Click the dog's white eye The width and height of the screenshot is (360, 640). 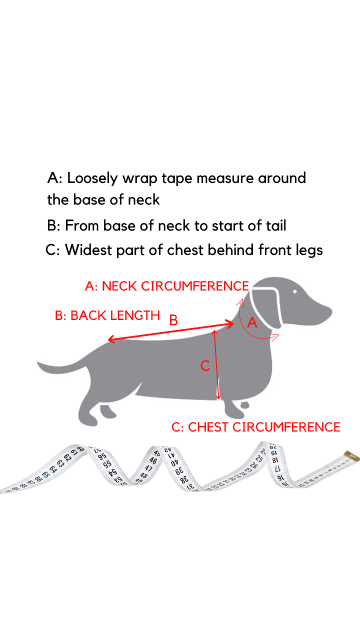point(295,291)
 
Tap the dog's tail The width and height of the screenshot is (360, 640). point(63,365)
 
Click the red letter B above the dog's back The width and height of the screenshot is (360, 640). point(173,320)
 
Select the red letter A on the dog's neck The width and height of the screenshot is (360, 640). point(252,322)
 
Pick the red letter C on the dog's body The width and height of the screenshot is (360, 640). point(205,365)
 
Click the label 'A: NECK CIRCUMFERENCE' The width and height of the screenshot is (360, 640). point(167,286)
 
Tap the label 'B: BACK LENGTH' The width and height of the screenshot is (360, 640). point(107,315)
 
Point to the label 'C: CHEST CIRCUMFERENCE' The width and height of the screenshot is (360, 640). point(255,427)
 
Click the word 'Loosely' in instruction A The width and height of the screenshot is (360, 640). point(92,179)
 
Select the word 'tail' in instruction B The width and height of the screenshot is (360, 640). point(276,225)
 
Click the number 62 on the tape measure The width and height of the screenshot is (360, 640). point(67,457)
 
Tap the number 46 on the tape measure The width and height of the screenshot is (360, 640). point(153,460)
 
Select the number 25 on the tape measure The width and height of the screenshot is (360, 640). point(259,458)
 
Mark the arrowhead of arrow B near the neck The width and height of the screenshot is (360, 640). point(230,323)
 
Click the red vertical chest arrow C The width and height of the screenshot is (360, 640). point(216,364)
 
